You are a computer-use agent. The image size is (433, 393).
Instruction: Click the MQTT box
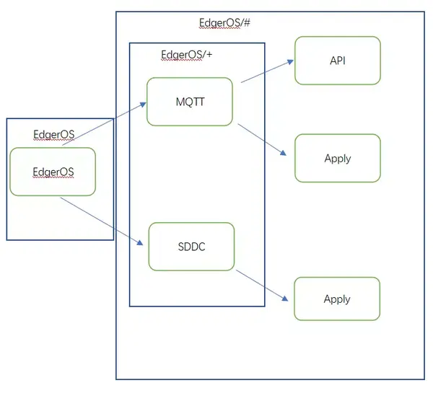190,102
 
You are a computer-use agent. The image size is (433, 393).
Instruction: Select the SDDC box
191,247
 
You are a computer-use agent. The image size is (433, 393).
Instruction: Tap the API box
337,61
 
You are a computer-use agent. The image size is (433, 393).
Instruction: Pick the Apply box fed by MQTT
337,158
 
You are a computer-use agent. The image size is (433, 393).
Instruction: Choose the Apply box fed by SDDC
337,299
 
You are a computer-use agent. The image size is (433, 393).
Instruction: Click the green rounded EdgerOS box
53,172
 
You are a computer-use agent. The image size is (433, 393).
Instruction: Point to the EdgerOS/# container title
224,22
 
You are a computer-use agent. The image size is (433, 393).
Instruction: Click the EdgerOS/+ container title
185,55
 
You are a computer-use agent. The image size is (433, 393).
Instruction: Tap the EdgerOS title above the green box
54,135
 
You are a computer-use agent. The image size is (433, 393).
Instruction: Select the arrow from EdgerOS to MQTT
105,123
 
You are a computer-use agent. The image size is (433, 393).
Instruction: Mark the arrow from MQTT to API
267,71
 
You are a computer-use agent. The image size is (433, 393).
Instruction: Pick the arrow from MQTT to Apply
263,139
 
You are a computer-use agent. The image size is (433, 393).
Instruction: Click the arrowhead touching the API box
290,61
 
